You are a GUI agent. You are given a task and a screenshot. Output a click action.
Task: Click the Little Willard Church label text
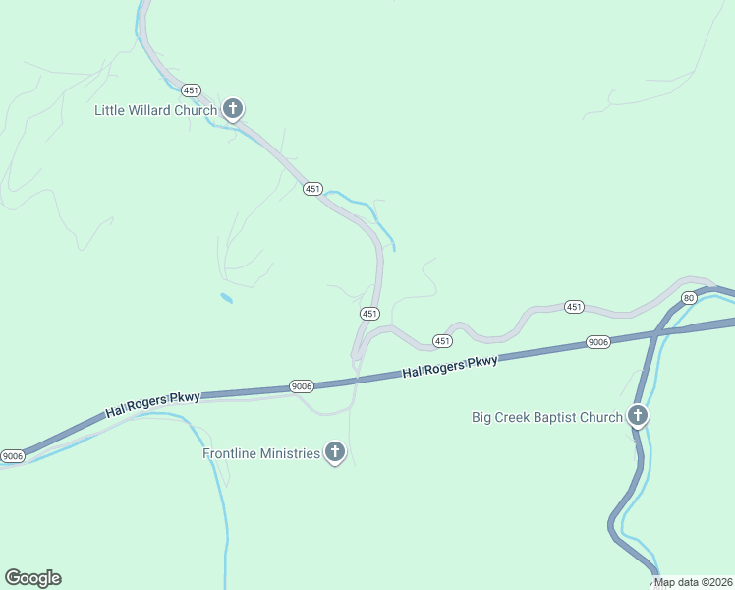155,110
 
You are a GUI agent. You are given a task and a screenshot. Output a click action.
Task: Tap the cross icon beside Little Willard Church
233,108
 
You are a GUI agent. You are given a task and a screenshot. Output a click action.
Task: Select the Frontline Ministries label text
261,453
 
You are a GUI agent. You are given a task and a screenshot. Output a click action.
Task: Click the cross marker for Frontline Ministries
335,452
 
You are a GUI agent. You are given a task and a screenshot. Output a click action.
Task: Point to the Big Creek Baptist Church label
547,417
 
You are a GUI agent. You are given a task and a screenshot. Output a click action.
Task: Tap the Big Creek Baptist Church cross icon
638,416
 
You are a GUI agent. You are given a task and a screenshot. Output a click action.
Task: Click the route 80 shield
689,297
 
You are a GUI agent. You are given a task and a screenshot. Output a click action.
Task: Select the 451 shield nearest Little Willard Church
312,189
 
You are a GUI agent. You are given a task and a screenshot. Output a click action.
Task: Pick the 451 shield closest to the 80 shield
575,307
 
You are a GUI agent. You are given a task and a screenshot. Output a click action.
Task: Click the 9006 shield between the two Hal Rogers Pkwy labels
302,387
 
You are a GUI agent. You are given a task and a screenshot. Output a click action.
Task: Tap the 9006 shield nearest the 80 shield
598,341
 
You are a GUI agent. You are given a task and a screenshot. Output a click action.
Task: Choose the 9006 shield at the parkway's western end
12,456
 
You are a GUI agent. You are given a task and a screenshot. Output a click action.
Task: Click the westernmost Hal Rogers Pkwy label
153,404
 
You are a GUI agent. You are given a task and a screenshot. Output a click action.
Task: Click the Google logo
32,578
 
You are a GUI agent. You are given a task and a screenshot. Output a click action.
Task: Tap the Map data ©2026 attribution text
694,582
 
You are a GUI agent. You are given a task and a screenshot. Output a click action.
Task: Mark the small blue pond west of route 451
227,298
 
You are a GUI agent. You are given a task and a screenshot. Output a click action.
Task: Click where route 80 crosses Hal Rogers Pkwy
651,333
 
